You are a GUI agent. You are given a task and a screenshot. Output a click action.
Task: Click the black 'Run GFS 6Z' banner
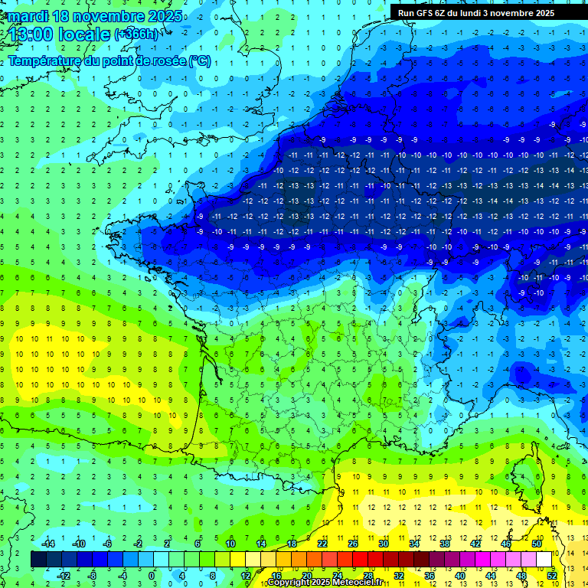pos(482,12)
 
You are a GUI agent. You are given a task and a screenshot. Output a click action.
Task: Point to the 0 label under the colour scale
pos(152,576)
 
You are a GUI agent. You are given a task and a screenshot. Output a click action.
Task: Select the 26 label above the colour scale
pos(353,543)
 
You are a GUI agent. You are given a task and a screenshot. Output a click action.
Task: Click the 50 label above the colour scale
pos(537,543)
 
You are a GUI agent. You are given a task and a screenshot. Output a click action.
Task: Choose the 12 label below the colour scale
pos(246,576)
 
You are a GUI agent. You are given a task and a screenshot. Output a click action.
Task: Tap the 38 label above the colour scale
pos(445,543)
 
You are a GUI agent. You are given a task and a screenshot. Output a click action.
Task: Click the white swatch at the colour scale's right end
pos(544,560)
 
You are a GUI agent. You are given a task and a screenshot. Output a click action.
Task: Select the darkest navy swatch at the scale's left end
pos(38,560)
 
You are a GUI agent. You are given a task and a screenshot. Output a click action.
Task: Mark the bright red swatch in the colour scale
pos(361,560)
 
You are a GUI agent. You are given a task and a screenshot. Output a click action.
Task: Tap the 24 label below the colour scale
pos(338,576)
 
